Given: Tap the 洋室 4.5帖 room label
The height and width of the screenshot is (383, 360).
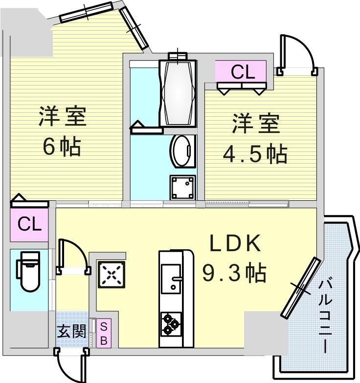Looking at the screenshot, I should [x=255, y=139].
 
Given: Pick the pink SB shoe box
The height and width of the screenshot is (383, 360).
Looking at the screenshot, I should [x=104, y=333].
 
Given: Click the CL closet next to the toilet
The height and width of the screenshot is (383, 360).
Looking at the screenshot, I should [x=30, y=225].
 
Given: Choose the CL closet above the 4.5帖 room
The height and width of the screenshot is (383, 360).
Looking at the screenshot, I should [x=243, y=72].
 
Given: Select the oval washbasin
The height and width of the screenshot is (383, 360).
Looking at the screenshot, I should [x=183, y=152].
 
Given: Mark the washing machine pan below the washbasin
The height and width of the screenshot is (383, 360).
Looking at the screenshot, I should [x=183, y=186].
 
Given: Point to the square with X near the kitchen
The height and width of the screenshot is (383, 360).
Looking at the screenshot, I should [x=112, y=274].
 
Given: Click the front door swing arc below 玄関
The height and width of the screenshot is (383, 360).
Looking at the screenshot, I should [x=68, y=364].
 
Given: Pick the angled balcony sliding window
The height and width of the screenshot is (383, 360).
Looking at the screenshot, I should [x=301, y=288].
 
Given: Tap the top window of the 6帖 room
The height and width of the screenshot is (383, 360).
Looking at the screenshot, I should [x=86, y=12].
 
